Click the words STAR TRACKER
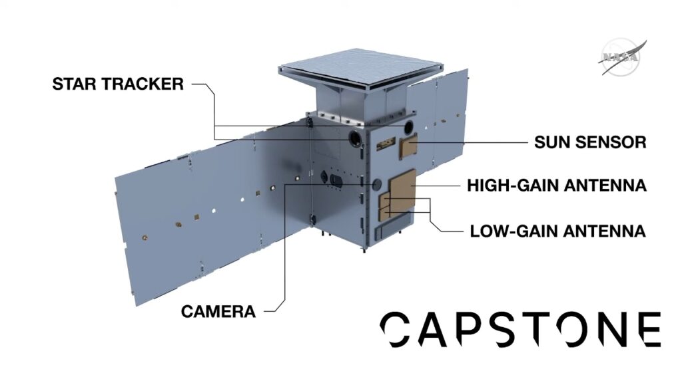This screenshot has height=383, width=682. pyautogui.click(x=118, y=84)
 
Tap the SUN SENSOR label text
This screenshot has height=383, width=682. pyautogui.click(x=590, y=142)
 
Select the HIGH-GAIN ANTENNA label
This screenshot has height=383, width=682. pyautogui.click(x=556, y=185)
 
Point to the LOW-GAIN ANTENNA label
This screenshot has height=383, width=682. pyautogui.click(x=557, y=231)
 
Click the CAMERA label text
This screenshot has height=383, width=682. pyautogui.click(x=218, y=311)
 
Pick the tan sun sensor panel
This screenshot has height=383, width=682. pyautogui.click(x=408, y=145)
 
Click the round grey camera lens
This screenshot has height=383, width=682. pyautogui.click(x=377, y=183)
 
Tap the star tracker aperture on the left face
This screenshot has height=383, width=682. pyautogui.click(x=357, y=138)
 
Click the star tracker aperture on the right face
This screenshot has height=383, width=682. pyautogui.click(x=407, y=127)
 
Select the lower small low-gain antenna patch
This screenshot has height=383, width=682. pyautogui.click(x=385, y=214)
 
